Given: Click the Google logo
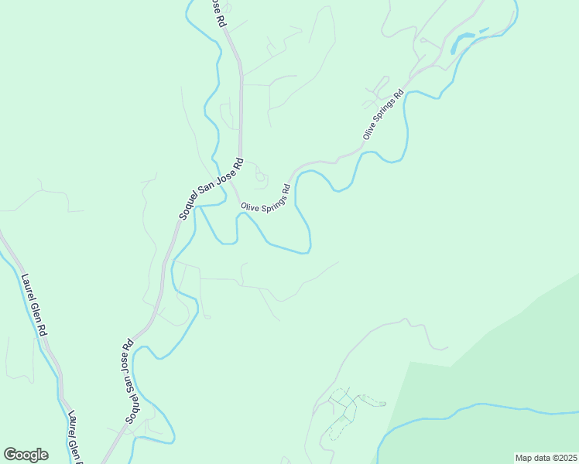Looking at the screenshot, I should point(26,455).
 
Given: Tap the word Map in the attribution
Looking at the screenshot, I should point(525,458).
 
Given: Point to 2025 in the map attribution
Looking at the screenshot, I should point(565,458).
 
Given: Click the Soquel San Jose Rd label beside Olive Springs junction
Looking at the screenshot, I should point(211,189).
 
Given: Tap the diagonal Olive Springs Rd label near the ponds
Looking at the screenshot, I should point(384,116).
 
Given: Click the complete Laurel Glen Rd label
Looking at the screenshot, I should point(33,305).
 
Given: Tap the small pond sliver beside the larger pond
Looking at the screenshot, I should point(484,31).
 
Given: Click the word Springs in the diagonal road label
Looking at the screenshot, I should point(385,114).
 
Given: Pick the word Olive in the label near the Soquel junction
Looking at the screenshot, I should point(249,207).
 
